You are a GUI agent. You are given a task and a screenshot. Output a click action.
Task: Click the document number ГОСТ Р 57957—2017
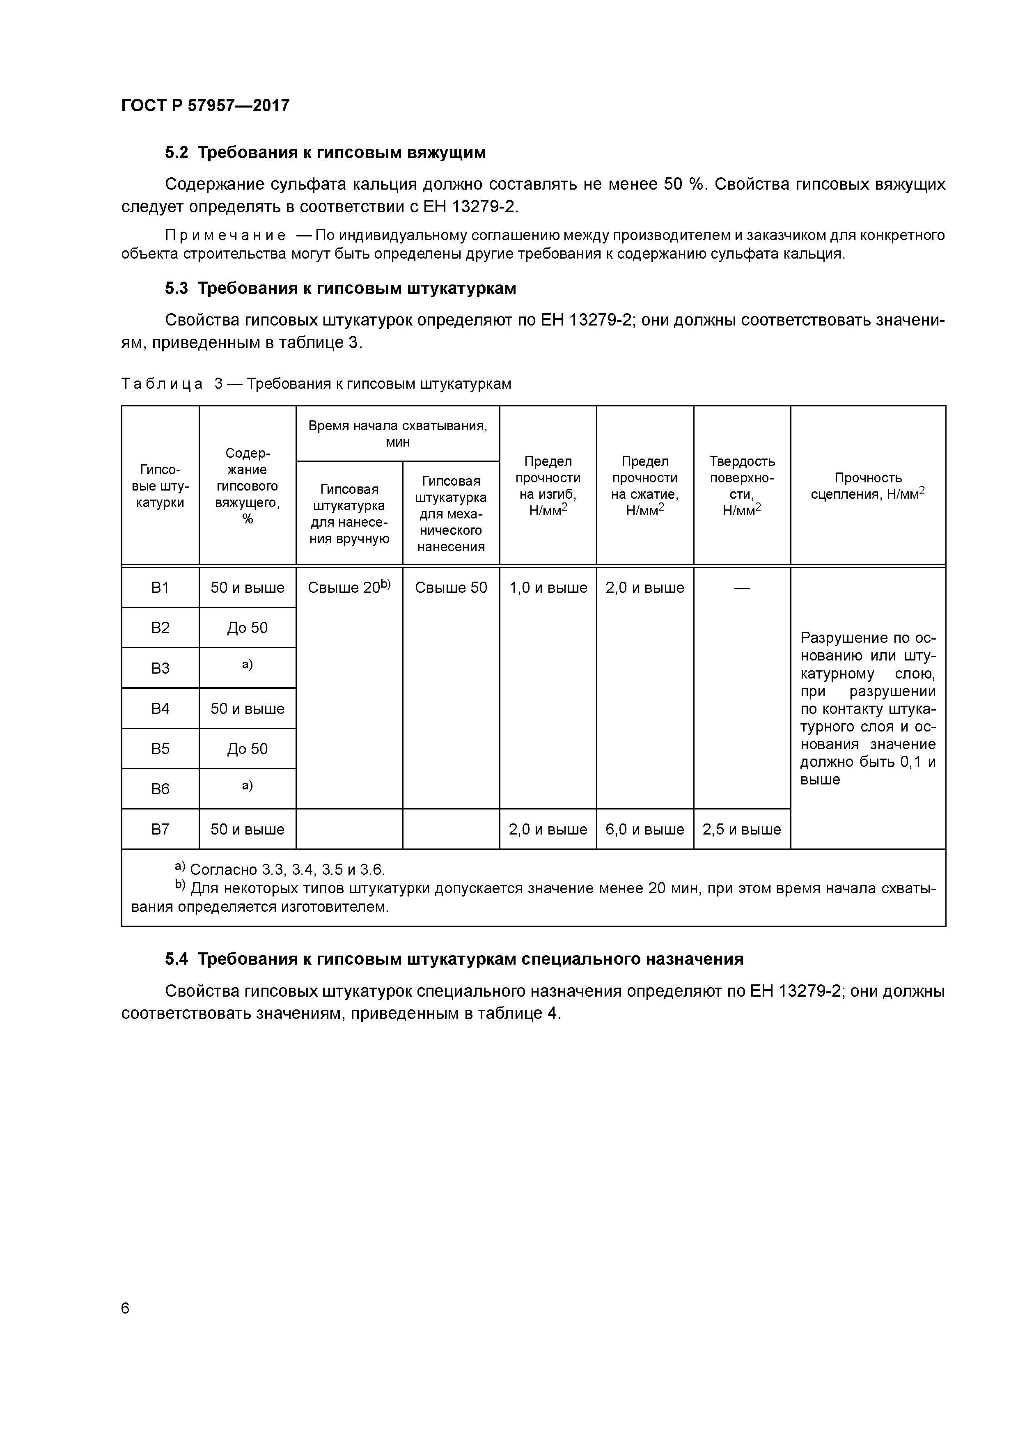205,105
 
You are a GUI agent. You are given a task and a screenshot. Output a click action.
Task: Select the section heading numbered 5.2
325,152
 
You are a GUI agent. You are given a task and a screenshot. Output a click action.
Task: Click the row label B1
160,588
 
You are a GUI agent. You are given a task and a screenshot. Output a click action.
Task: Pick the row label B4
160,709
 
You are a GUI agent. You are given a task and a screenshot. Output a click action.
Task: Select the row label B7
160,829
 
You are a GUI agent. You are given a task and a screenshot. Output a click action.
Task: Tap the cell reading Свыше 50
451,588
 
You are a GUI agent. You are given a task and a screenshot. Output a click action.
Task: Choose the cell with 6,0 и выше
645,829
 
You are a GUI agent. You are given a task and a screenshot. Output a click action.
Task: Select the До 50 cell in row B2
247,628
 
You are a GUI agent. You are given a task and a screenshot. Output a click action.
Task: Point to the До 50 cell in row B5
247,749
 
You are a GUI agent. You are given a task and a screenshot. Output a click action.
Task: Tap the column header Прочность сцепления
868,486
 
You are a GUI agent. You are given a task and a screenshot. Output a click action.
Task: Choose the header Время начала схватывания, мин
398,433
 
